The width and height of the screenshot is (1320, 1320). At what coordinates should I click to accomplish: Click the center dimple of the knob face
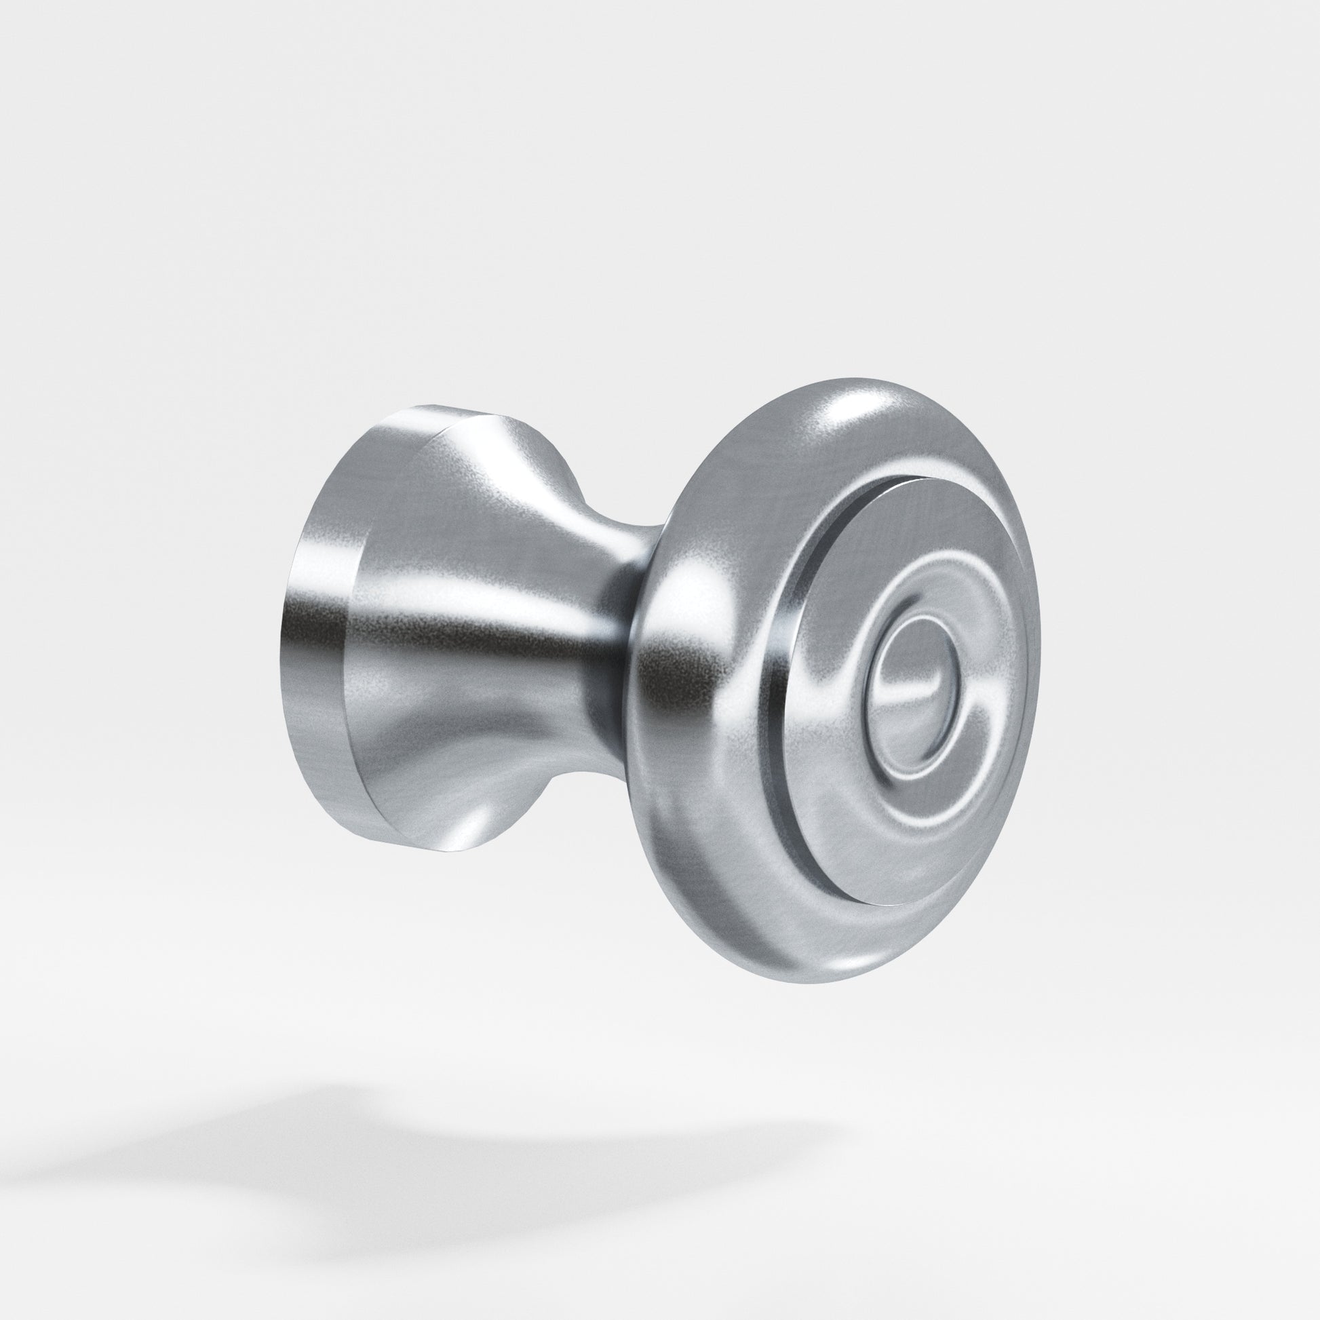[x=912, y=690]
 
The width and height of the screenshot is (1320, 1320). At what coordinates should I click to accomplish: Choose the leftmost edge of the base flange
[x=280, y=636]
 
